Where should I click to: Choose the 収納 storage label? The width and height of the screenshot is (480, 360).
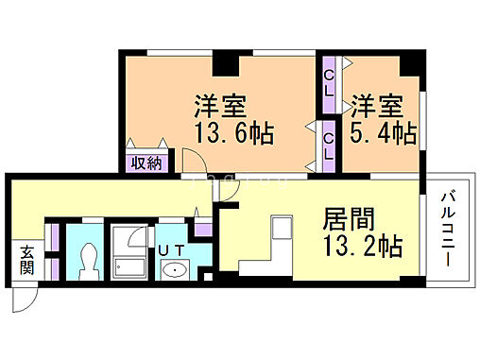point(146,162)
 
